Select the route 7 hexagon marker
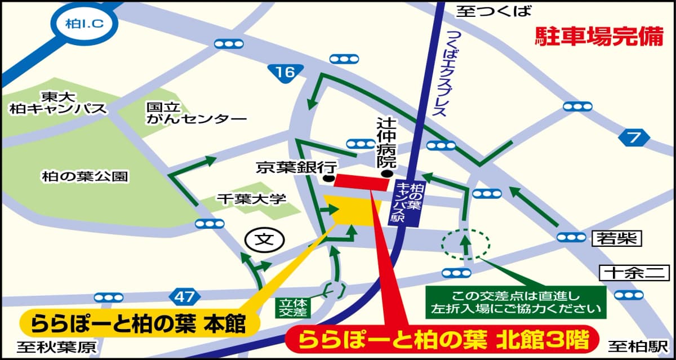pyautogui.click(x=634, y=137)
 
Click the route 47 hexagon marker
pyautogui.click(x=184, y=296)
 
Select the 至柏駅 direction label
pyautogui.click(x=637, y=345)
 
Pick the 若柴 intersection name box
pyautogui.click(x=617, y=239)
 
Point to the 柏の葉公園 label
pyautogui.click(x=84, y=177)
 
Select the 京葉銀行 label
pyautogui.click(x=296, y=167)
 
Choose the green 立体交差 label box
pyautogui.click(x=293, y=306)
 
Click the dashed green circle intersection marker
pyautogui.click(x=465, y=243)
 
